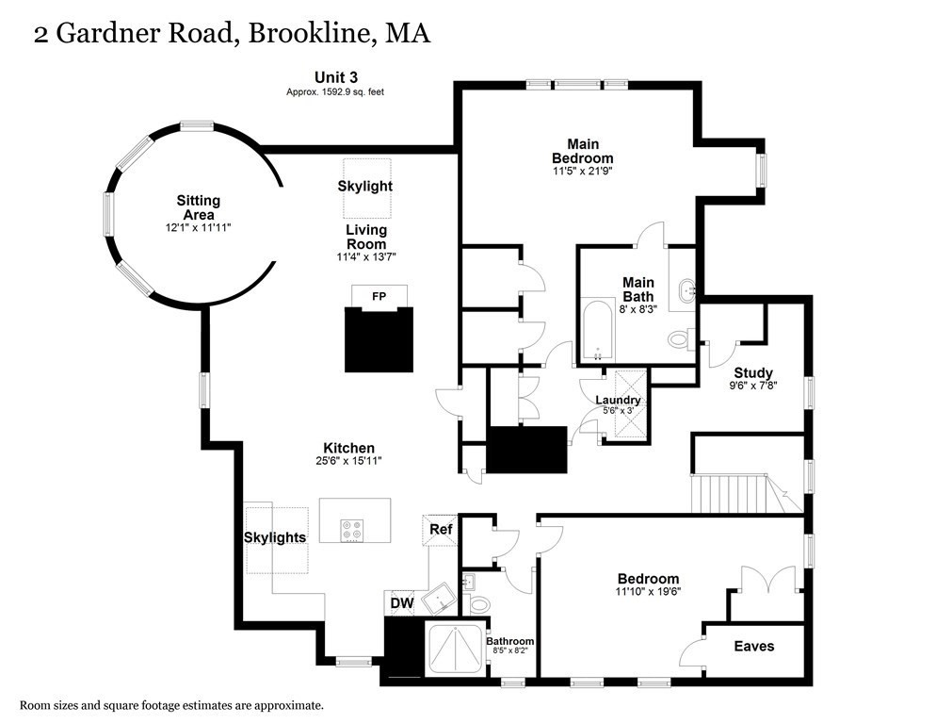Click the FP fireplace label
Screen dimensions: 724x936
point(379,296)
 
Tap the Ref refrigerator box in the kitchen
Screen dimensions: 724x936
point(441,529)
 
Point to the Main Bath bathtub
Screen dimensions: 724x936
point(597,331)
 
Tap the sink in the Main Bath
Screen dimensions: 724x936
point(685,288)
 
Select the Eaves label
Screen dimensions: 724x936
point(754,646)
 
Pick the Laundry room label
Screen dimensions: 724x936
point(618,400)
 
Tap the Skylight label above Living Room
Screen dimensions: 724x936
point(365,187)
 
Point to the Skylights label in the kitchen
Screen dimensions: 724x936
point(274,537)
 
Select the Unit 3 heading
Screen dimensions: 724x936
point(336,76)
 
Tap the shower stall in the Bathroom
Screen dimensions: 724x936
point(456,650)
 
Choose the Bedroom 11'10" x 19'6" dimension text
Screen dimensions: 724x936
point(648,592)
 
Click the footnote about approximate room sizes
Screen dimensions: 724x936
point(172,704)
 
